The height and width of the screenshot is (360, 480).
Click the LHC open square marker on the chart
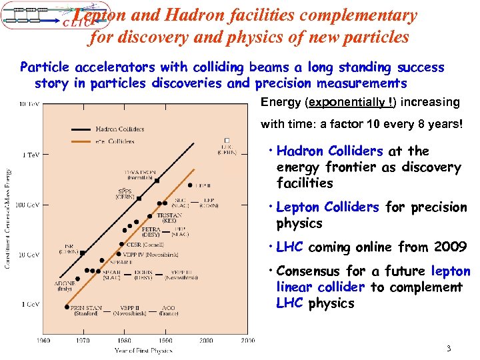pos(227,139)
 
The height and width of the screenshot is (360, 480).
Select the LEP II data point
pos(191,185)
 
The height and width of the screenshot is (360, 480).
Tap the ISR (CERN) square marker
pos(82,253)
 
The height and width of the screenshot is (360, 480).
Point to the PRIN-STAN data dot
pos(67,307)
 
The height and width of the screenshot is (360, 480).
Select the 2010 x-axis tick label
pos(247,341)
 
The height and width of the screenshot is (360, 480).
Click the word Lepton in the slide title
pos(100,15)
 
